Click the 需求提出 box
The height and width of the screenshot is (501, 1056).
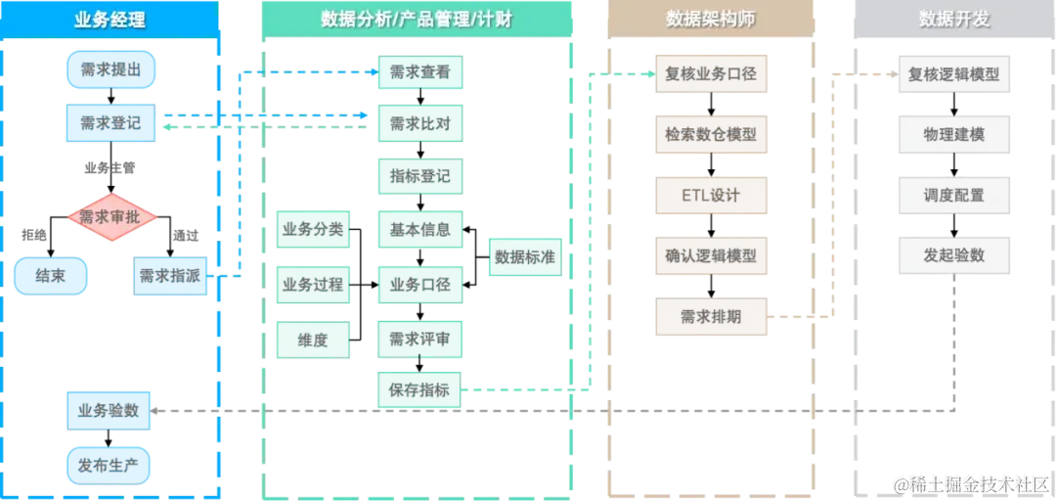click(x=110, y=70)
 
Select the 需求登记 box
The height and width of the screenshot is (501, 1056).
click(x=110, y=123)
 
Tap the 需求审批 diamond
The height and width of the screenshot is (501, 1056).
click(x=110, y=217)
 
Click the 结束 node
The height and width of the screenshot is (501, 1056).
click(x=51, y=276)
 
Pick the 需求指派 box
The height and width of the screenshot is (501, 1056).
click(x=170, y=276)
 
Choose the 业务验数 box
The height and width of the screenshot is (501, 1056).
click(x=110, y=410)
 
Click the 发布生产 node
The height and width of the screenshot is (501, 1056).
click(x=110, y=465)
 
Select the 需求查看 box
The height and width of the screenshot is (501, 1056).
click(x=419, y=70)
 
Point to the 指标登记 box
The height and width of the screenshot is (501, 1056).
click(x=419, y=177)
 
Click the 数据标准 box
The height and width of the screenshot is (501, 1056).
click(x=525, y=257)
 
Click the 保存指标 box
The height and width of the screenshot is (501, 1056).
click(x=419, y=389)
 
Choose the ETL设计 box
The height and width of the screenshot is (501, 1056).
click(x=710, y=195)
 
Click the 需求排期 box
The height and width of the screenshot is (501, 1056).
click(x=710, y=316)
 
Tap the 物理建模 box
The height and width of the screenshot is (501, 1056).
click(x=953, y=134)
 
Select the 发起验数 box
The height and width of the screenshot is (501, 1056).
click(x=953, y=255)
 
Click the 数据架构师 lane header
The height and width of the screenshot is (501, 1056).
click(x=710, y=19)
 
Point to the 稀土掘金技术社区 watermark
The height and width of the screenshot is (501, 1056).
click(x=971, y=483)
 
